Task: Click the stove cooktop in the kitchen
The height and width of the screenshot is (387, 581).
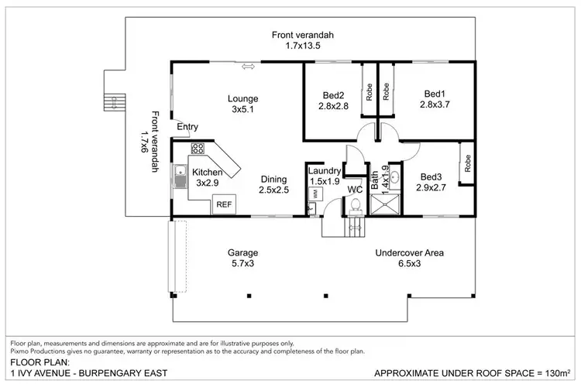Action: pyautogui.click(x=197, y=148)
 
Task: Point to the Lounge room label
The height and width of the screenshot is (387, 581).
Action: pyautogui.click(x=242, y=98)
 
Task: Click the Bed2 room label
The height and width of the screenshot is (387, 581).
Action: pyautogui.click(x=334, y=96)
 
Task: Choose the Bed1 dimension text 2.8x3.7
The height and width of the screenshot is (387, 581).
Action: pyautogui.click(x=435, y=104)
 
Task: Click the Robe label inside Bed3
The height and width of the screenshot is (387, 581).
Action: pyautogui.click(x=468, y=163)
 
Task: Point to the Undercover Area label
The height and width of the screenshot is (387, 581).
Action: pyautogui.click(x=409, y=252)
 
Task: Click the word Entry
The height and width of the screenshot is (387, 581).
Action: pyautogui.click(x=187, y=127)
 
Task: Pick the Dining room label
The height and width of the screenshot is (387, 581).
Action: pyautogui.click(x=273, y=179)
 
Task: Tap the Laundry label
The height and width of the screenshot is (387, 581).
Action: pyautogui.click(x=324, y=172)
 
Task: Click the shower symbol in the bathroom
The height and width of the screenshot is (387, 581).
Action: pyautogui.click(x=384, y=204)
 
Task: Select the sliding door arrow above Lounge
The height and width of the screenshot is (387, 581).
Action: pyautogui.click(x=249, y=67)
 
